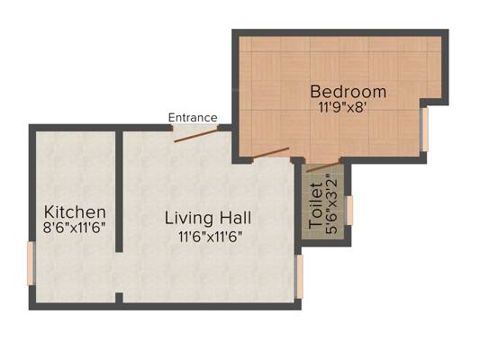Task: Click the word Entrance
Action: (x=193, y=118)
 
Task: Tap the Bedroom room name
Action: (x=348, y=92)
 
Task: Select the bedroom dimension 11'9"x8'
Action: (x=342, y=108)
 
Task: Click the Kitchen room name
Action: (x=75, y=212)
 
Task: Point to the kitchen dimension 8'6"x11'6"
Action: (x=75, y=228)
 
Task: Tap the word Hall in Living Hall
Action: (x=236, y=218)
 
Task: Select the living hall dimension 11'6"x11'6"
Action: (x=211, y=237)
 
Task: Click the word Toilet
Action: (x=316, y=206)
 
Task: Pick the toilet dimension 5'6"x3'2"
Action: (x=331, y=204)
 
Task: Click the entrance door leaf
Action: (x=195, y=136)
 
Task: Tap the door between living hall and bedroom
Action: (x=270, y=153)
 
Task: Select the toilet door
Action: (x=322, y=167)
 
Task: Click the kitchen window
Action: (x=32, y=263)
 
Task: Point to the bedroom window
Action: (x=424, y=129)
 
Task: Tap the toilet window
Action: (x=349, y=211)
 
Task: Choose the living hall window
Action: (x=299, y=276)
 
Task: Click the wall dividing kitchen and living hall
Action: (x=119, y=192)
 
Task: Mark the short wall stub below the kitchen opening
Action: (x=119, y=298)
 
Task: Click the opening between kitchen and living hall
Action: (x=119, y=272)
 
